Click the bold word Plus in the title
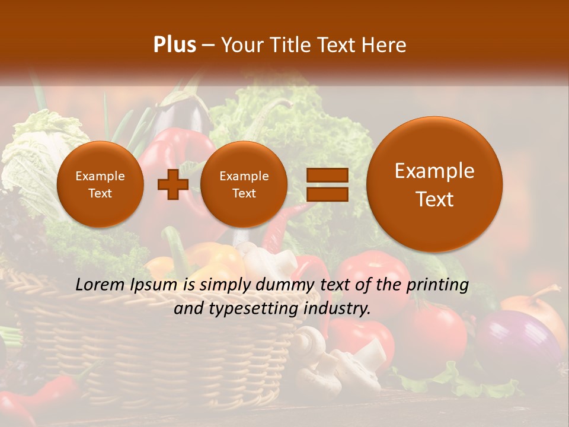click(174, 45)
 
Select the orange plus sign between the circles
click(173, 184)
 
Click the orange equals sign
click(327, 184)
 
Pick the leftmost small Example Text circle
click(100, 184)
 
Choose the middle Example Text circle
click(244, 184)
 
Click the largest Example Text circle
click(434, 184)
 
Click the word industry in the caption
click(337, 308)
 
